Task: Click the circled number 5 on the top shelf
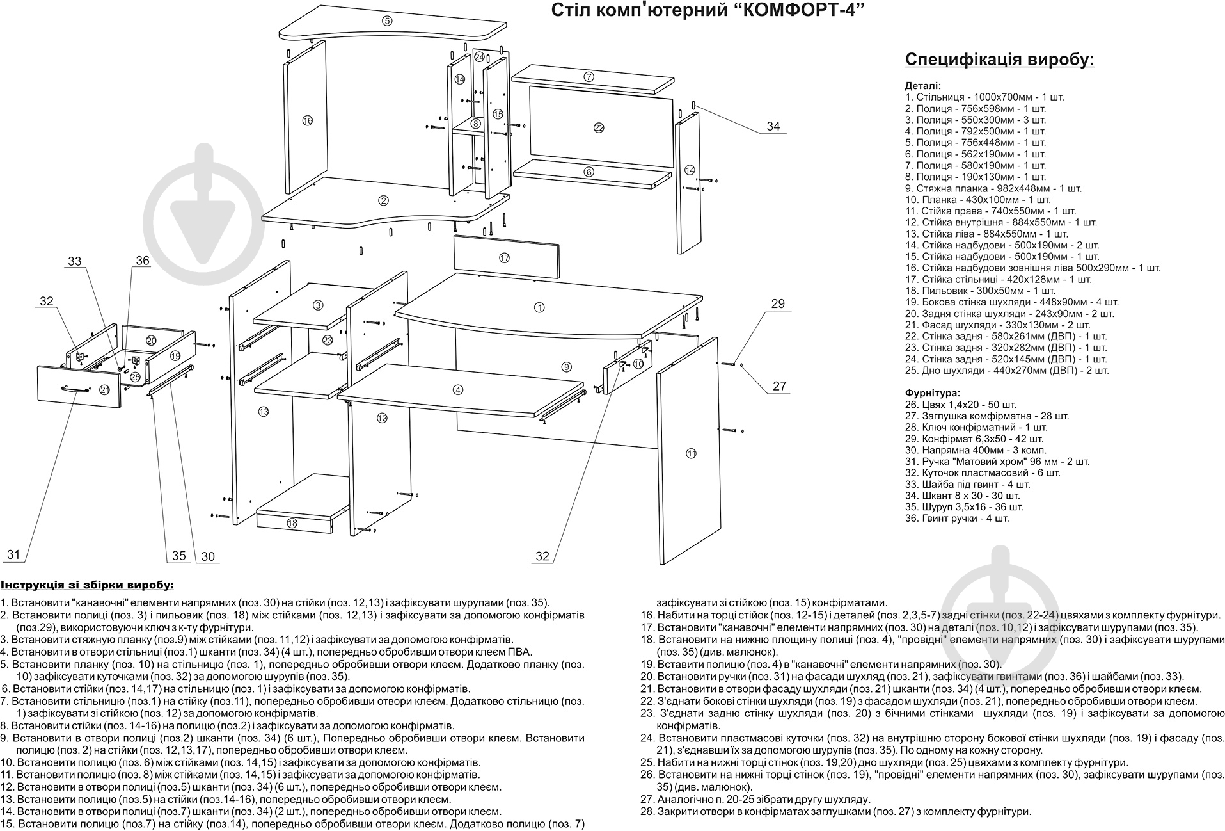(x=386, y=21)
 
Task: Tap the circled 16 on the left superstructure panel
(x=307, y=120)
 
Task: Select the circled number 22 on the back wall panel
(x=599, y=127)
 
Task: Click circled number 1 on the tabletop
(x=539, y=307)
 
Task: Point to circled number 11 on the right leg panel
(x=691, y=453)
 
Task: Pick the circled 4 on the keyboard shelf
(x=457, y=389)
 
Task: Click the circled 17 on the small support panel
(x=504, y=258)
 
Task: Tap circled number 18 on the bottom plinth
(x=292, y=523)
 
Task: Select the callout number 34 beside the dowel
(x=773, y=126)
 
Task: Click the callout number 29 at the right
(x=777, y=303)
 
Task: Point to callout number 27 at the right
(x=778, y=386)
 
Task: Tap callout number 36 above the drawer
(x=142, y=261)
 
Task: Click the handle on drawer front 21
(x=76, y=389)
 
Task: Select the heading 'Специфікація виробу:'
(x=999, y=60)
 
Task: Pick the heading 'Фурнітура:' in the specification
(x=933, y=392)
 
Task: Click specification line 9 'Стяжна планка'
(x=993, y=188)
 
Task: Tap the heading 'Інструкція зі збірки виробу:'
(x=87, y=585)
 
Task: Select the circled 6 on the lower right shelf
(x=589, y=172)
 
